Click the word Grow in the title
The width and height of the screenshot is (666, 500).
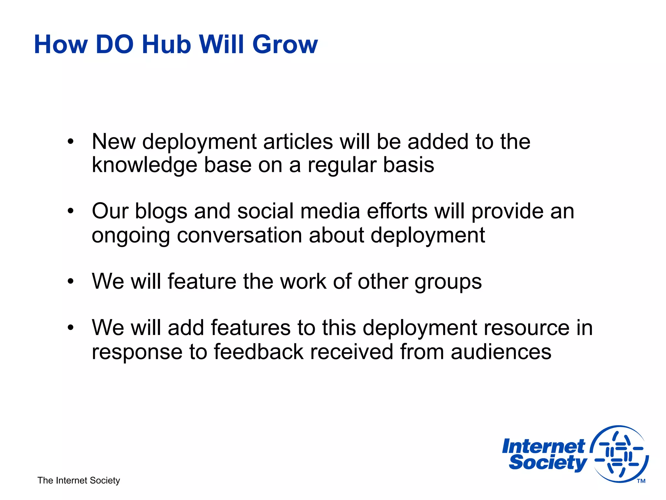click(x=285, y=45)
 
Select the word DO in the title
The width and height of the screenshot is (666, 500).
click(x=114, y=45)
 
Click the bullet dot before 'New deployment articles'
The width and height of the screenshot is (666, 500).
click(x=71, y=142)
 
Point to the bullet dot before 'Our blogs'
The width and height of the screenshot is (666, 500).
click(x=71, y=211)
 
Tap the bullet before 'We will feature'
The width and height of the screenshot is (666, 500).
click(x=71, y=281)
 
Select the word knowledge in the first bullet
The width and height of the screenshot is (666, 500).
click(x=144, y=165)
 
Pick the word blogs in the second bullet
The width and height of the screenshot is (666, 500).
click(x=161, y=211)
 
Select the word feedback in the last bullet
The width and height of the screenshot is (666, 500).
click(x=258, y=352)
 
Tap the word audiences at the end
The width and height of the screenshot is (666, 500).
click(x=501, y=352)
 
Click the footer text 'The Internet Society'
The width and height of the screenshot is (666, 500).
click(x=79, y=480)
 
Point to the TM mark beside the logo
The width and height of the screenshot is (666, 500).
click(x=641, y=481)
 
